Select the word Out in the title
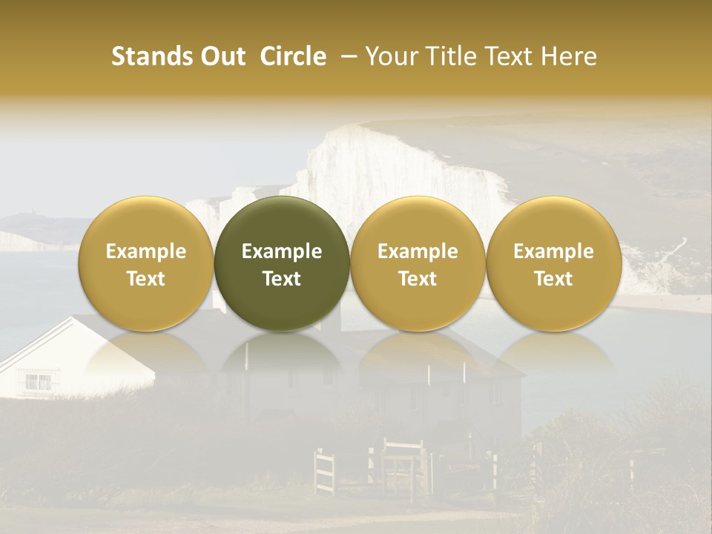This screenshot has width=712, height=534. [x=220, y=56]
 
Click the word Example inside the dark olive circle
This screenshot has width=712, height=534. [x=282, y=251]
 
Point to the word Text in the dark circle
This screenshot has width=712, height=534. [x=282, y=279]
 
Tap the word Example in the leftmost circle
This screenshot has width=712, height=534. [x=146, y=251]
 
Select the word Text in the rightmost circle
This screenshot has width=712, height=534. [x=553, y=279]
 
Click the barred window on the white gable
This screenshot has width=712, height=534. [x=38, y=383]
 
